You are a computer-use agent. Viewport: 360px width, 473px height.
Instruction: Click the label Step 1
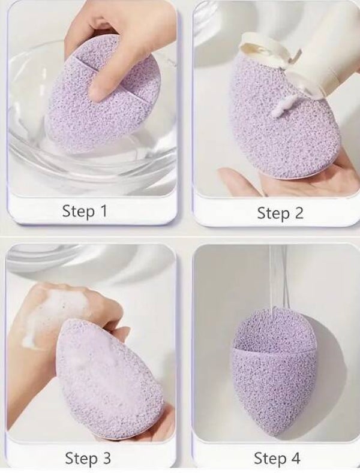(x=84, y=211)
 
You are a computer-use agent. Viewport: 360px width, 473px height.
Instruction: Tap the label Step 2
(x=280, y=213)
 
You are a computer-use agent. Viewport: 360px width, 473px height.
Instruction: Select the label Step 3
(x=88, y=458)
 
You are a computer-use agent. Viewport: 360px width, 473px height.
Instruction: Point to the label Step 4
(x=277, y=458)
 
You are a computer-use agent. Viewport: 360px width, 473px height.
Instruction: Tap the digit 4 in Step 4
(x=295, y=457)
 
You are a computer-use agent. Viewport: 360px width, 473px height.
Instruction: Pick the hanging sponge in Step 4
(x=274, y=371)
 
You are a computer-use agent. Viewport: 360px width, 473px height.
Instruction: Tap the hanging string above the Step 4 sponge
(x=278, y=278)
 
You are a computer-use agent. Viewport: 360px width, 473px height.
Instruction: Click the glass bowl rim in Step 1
(x=91, y=169)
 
